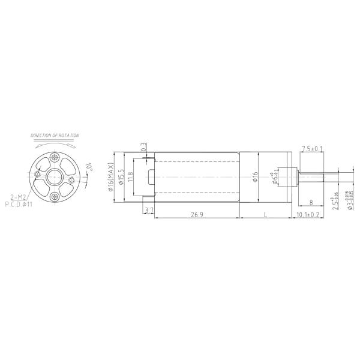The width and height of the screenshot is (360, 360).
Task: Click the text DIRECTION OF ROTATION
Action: point(55,136)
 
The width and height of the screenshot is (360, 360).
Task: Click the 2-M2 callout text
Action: point(18,197)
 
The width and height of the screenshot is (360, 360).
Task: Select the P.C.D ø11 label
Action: point(19,205)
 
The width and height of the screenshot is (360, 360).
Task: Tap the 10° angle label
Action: point(88,166)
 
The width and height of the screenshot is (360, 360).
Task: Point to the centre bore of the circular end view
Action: point(55,177)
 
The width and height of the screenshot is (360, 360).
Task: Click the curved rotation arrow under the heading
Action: point(55,145)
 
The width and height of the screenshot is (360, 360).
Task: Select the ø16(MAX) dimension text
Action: point(110,177)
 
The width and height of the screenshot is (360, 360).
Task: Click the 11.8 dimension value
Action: point(130,178)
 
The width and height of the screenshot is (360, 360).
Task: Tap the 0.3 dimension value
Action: point(143,146)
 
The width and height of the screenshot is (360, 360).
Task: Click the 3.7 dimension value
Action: point(148,210)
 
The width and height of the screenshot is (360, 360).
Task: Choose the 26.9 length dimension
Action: point(197,214)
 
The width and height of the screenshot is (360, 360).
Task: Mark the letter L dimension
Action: point(265,214)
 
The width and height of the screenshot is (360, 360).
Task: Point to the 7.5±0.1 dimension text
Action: point(312,148)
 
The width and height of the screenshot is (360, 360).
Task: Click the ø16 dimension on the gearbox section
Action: point(255,176)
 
